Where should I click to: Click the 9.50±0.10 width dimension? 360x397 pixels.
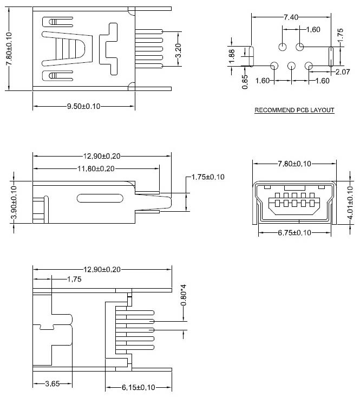point(83,106)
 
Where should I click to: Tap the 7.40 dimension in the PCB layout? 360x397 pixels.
point(290,17)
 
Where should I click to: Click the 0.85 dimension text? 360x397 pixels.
point(245,81)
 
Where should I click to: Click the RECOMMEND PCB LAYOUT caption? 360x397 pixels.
point(294,110)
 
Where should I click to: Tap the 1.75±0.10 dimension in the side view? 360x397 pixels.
point(208,177)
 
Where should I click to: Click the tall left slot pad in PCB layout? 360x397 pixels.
point(251,56)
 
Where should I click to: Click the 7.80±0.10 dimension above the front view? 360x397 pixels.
point(294,164)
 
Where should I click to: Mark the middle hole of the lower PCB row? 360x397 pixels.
point(291,66)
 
